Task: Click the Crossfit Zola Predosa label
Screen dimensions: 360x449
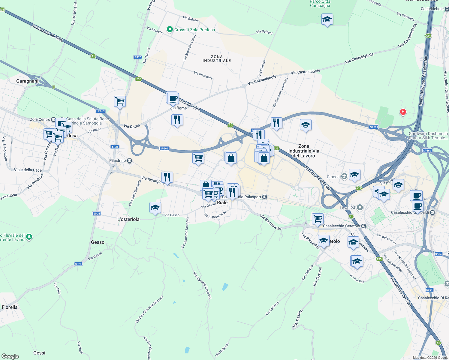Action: tap(194, 30)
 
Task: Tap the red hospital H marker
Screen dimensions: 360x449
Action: tap(403, 112)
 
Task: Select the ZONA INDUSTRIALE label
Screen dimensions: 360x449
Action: tap(217, 58)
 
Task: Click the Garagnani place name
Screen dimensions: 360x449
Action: tap(27, 81)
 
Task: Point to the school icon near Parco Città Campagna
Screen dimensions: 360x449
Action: tap(327, 20)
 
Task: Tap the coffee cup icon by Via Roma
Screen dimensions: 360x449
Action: tap(173, 98)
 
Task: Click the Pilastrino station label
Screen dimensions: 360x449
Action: tap(118, 161)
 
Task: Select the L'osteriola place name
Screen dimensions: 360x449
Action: tap(128, 219)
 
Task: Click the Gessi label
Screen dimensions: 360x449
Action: tap(39, 353)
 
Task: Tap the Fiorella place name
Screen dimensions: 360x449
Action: tap(10, 307)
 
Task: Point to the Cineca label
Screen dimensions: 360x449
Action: tap(333, 177)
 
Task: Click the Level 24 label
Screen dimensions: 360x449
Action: tap(348, 208)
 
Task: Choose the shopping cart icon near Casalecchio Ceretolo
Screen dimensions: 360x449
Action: tap(317, 218)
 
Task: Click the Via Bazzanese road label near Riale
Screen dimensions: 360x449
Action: tap(271, 222)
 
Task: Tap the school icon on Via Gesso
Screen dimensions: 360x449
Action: tap(155, 208)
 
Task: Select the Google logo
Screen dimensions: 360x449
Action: tap(10, 356)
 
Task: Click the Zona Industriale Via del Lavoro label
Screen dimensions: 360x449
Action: tap(304, 151)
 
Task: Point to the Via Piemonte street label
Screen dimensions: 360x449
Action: tap(203, 75)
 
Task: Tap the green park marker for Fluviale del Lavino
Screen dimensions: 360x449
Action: tap(29, 237)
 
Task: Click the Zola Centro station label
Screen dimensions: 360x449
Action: tap(40, 119)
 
